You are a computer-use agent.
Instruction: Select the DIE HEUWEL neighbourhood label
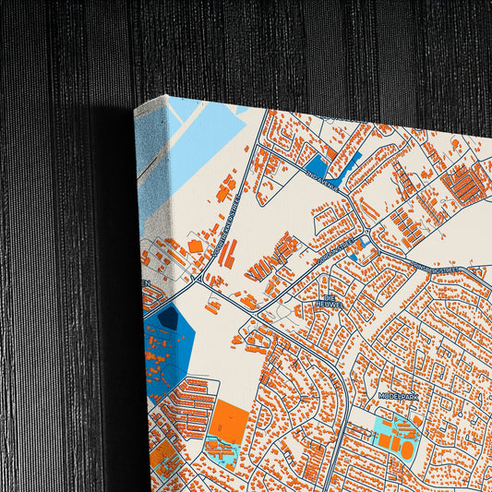click(330, 300)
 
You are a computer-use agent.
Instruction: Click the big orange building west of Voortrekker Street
click(193, 246)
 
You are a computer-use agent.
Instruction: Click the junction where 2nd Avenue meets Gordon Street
click(368, 232)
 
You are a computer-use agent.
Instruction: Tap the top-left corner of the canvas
click(136, 109)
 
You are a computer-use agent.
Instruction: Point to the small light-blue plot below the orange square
click(221, 453)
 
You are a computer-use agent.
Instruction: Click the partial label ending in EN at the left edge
click(146, 283)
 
